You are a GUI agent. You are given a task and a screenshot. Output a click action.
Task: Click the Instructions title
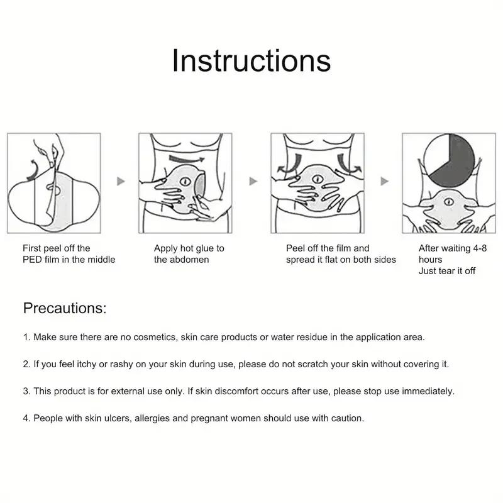251,61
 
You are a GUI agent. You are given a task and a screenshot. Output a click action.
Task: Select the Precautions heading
65,308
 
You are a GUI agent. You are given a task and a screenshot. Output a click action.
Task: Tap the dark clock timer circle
451,160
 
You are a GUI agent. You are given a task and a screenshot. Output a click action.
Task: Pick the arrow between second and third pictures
253,181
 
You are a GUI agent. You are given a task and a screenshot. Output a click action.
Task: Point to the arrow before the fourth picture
384,181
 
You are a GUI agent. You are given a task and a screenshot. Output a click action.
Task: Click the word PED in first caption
33,260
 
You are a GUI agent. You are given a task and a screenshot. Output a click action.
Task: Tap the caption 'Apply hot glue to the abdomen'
189,254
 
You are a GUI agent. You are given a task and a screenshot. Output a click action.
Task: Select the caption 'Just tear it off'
447,271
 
